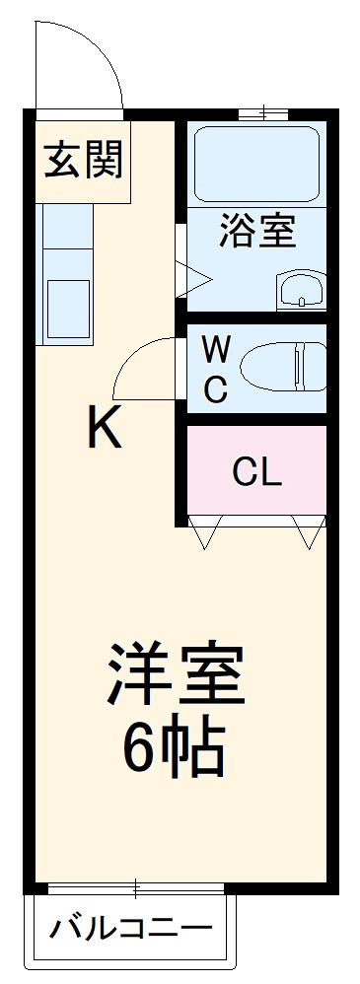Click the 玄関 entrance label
click(83, 161)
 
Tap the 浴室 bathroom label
click(255, 235)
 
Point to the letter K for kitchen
click(105, 428)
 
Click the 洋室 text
click(176, 674)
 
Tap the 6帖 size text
click(175, 752)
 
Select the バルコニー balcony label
click(131, 929)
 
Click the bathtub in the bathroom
click(255, 161)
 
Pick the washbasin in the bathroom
click(299, 290)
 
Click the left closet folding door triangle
click(206, 532)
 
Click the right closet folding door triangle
click(309, 532)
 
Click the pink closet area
click(256, 493)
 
